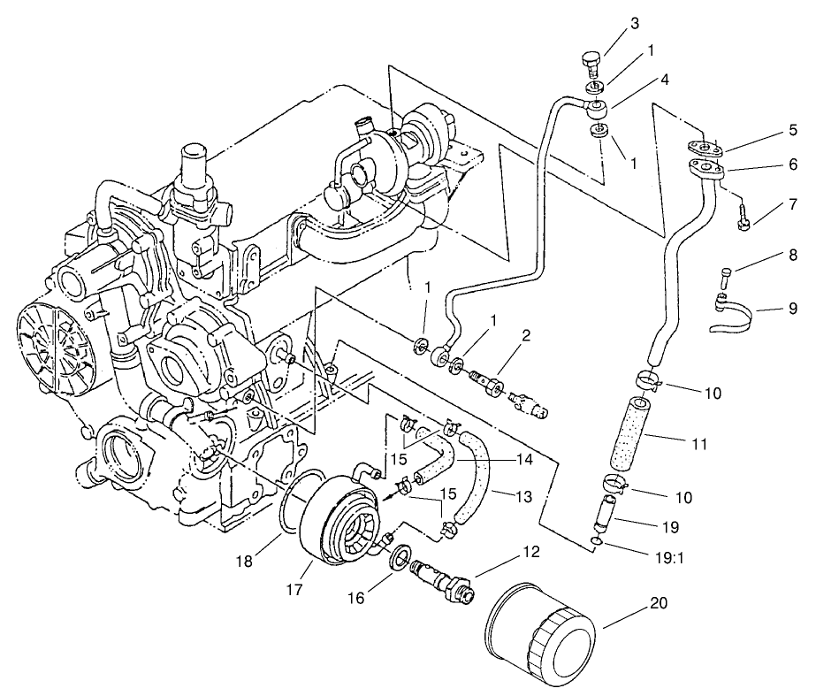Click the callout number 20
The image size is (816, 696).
[x=659, y=605]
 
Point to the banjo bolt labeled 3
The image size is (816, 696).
[x=591, y=63]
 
